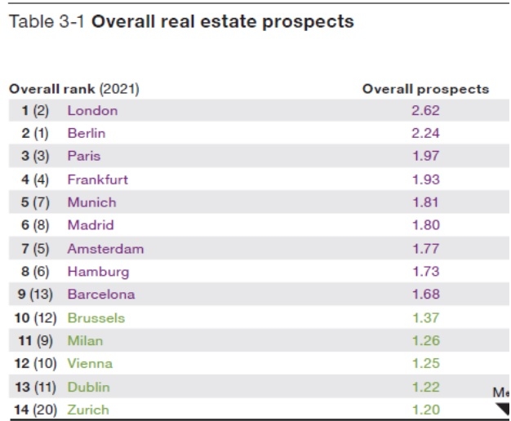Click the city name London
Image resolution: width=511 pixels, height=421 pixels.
[92, 111]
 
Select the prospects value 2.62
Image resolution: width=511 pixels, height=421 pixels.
[425, 111]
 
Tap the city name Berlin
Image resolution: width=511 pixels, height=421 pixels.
[87, 134]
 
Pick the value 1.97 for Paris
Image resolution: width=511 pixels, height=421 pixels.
[425, 157]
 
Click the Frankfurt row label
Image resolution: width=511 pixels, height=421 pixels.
[97, 179]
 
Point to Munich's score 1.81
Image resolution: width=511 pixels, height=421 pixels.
[425, 202]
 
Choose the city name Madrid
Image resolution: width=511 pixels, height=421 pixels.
[91, 225]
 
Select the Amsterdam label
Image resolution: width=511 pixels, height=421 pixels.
[105, 249]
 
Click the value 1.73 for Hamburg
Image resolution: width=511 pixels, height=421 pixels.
[425, 272]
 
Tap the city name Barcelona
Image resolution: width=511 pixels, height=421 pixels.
[101, 295]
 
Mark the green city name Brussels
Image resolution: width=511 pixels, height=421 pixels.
[96, 318]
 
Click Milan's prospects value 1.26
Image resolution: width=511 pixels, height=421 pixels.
[425, 341]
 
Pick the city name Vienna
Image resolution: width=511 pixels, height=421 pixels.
[90, 364]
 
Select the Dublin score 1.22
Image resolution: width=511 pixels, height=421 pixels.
[425, 388]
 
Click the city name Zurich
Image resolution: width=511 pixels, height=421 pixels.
[88, 410]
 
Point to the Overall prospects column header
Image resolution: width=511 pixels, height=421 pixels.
[425, 89]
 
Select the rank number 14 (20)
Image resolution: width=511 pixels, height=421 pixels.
[34, 410]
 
